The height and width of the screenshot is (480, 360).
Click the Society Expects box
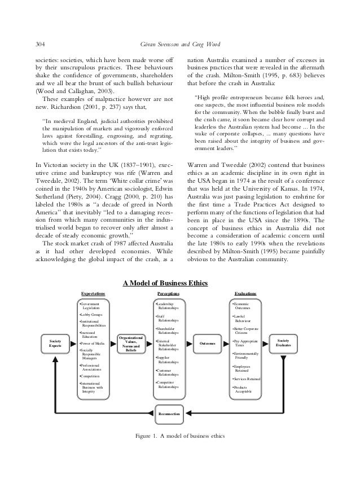pyautogui.click(x=55, y=343)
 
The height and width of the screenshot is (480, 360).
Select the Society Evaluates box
pyautogui.click(x=283, y=343)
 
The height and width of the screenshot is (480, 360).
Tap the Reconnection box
pyautogui.click(x=169, y=414)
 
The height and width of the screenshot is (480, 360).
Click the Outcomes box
pyautogui.click(x=207, y=343)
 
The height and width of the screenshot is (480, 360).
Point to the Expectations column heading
pyautogui.click(x=93, y=294)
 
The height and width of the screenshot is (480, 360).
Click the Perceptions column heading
pyautogui.click(x=168, y=294)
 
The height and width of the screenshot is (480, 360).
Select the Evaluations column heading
pyautogui.click(x=245, y=294)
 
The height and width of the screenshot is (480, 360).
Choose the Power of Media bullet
pyautogui.click(x=93, y=343)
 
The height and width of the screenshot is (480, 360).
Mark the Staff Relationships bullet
pyautogui.click(x=168, y=319)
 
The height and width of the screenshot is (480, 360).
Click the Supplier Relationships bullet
pyautogui.click(x=168, y=359)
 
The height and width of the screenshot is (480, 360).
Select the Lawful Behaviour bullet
pyautogui.click(x=244, y=319)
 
